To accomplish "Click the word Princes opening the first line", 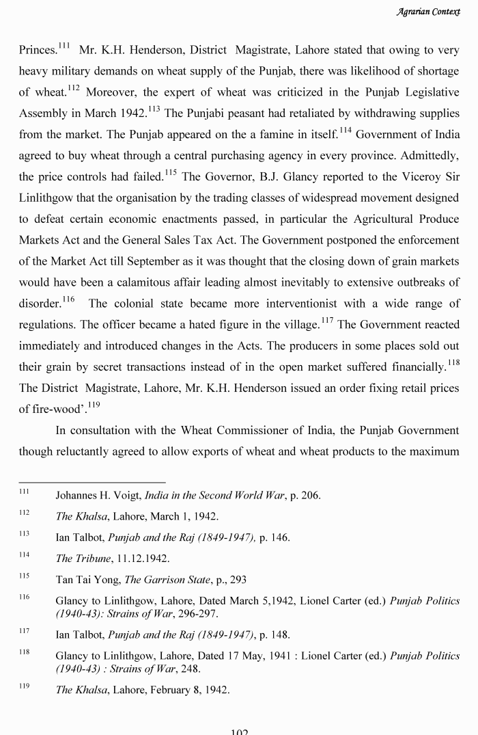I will (x=38, y=51).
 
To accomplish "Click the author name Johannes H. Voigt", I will (x=99, y=495).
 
